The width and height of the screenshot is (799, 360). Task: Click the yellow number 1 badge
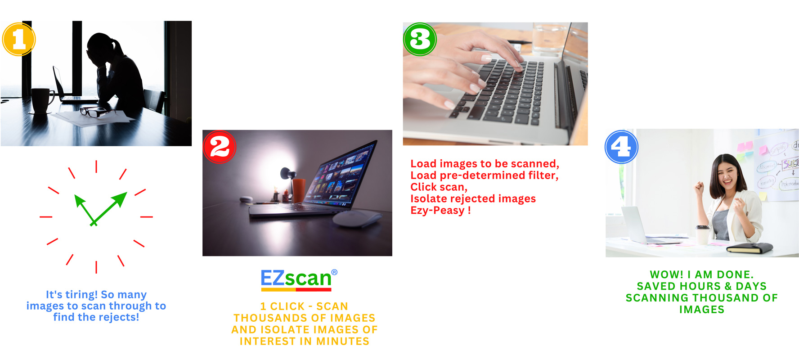pyautogui.click(x=19, y=39)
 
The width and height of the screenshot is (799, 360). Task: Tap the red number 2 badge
pyautogui.click(x=220, y=147)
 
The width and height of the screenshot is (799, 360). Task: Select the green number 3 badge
pyautogui.click(x=420, y=39)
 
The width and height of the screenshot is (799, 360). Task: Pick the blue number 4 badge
pyautogui.click(x=621, y=147)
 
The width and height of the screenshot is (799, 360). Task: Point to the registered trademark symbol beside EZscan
pyautogui.click(x=334, y=272)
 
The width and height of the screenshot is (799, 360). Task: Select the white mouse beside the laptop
pyautogui.click(x=357, y=219)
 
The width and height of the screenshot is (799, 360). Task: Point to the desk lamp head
pyautogui.click(x=286, y=174)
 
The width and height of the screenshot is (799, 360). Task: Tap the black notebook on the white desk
pyautogui.click(x=750, y=247)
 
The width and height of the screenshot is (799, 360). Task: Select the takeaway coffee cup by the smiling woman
pyautogui.click(x=702, y=234)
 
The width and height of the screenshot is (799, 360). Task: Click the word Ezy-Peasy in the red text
pyautogui.click(x=437, y=211)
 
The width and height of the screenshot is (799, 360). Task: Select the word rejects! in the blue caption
pyautogui.click(x=119, y=317)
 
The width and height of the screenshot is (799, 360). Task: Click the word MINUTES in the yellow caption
pyautogui.click(x=343, y=342)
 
